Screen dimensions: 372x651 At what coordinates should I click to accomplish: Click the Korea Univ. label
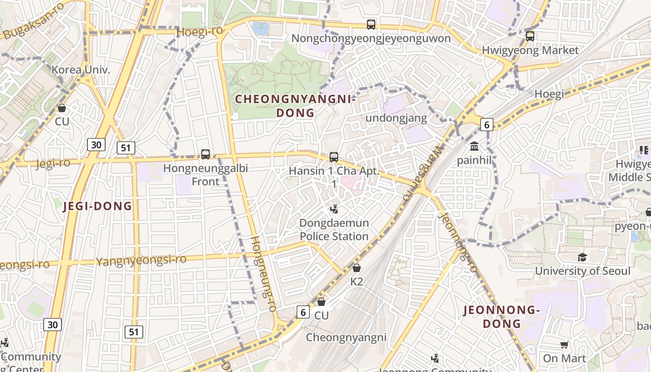point(81,70)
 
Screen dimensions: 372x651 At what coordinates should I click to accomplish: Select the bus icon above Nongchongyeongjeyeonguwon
point(371,25)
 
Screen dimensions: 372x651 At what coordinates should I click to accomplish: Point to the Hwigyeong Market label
point(530,50)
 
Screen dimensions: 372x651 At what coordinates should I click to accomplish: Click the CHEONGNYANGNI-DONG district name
point(295,106)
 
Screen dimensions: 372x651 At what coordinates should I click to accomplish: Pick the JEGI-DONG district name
point(98,206)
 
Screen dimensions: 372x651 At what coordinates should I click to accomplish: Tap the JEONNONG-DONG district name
point(502,317)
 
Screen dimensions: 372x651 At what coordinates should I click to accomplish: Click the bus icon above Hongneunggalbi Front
point(205,154)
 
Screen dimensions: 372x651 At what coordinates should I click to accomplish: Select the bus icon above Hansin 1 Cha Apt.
point(333,157)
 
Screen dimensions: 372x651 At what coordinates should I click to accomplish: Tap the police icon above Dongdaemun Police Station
point(333,209)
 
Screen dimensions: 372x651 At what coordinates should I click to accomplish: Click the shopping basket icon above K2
point(356,268)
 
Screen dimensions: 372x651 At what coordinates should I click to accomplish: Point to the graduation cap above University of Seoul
point(582,257)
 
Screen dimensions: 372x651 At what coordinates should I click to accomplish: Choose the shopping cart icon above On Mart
point(564,345)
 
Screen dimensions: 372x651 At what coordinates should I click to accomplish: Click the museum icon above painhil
point(474,146)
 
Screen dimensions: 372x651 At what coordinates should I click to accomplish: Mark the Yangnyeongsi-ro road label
point(141,260)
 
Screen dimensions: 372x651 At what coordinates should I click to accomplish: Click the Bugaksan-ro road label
point(33,20)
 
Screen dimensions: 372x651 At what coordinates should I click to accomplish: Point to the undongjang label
point(396,118)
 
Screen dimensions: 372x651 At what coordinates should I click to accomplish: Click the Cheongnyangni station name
point(345,338)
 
